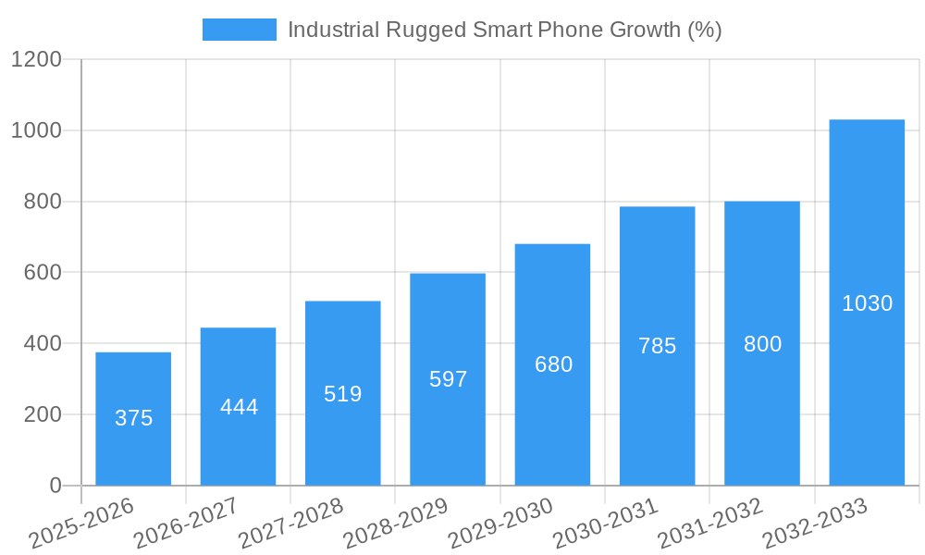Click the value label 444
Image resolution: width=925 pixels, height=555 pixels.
[x=239, y=407]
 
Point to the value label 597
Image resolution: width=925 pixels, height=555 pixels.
[x=449, y=379]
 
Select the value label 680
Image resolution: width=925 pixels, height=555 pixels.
[x=553, y=364]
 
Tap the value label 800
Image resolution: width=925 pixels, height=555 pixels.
[x=762, y=344]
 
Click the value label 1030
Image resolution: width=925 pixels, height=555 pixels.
[x=867, y=303]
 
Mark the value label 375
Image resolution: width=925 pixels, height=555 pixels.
[x=133, y=418]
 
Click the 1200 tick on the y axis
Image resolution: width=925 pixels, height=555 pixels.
[x=36, y=60]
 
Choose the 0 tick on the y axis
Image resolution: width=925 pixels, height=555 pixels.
[x=55, y=486]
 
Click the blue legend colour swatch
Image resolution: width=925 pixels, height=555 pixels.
[x=240, y=30]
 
